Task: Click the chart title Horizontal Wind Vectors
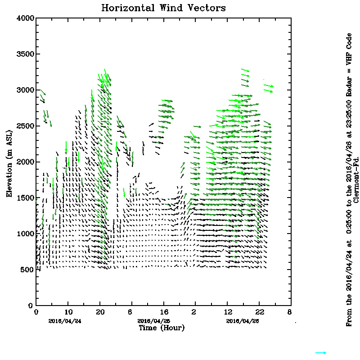tap(163, 8)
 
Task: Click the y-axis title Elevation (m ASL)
tap(9, 162)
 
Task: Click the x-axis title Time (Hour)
tap(162, 328)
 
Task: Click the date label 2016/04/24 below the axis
tap(60, 321)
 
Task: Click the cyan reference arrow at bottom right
tap(321, 353)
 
